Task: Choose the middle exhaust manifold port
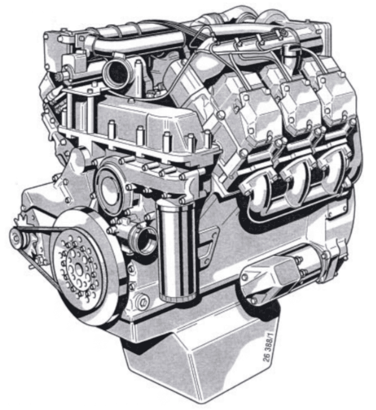pyautogui.click(x=296, y=179)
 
